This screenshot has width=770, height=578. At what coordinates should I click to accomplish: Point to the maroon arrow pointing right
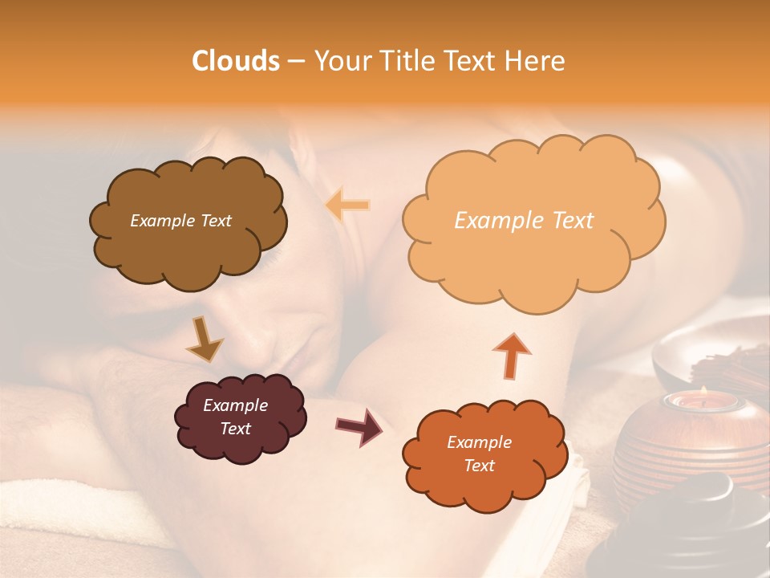[x=359, y=425]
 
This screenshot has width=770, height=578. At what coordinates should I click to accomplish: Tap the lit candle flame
[x=703, y=391]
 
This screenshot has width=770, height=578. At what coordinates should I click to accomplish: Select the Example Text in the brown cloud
[x=180, y=221]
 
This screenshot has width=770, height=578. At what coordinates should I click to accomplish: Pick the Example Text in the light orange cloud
[x=524, y=221]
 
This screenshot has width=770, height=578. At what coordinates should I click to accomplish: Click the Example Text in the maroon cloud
[x=236, y=417]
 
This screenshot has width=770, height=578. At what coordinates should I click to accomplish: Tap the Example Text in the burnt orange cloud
[x=479, y=454]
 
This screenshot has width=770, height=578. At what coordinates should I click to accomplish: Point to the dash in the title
[x=295, y=61]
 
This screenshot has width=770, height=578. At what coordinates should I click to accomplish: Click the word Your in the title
[x=338, y=61]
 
